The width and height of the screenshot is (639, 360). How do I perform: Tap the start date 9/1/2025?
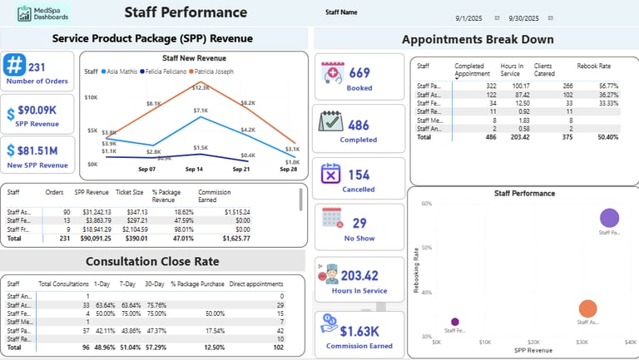click(468, 17)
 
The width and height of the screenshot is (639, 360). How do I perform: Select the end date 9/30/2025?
click(523, 17)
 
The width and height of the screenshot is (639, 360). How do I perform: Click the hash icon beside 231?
click(15, 67)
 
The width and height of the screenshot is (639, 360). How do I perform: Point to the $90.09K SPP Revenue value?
click(37, 110)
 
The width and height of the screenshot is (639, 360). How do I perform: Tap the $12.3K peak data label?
click(201, 87)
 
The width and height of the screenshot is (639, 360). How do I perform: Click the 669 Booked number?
click(359, 73)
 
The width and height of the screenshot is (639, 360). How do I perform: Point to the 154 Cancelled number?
click(359, 175)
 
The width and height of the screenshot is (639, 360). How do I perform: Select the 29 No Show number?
click(359, 223)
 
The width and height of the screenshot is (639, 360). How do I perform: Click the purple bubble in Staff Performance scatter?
click(609, 219)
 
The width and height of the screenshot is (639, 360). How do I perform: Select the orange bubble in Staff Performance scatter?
click(587, 308)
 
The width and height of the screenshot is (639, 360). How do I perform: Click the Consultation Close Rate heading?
click(153, 261)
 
